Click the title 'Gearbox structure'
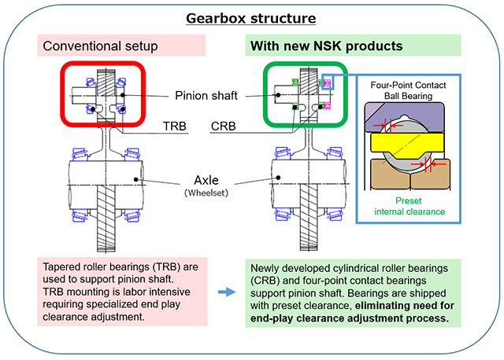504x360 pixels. (252, 18)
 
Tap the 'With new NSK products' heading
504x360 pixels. (326, 46)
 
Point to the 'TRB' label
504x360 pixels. (176, 127)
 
